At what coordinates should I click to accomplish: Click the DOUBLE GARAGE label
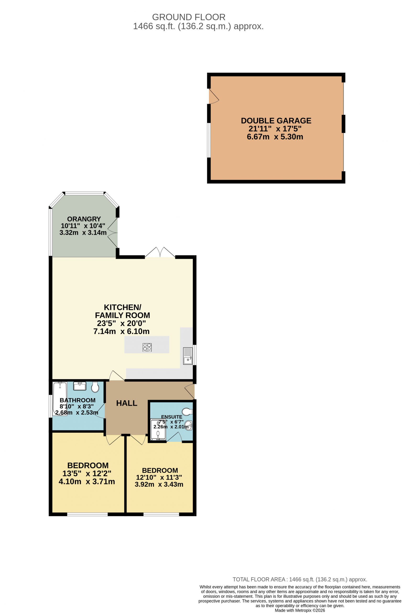click(x=276, y=121)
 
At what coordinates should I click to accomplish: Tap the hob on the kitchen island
click(x=147, y=347)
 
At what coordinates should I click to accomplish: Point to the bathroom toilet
click(x=95, y=387)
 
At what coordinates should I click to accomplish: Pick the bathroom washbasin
click(x=80, y=386)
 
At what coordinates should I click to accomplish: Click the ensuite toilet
click(x=187, y=411)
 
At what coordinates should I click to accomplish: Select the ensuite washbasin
click(x=189, y=426)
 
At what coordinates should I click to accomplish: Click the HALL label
click(x=127, y=403)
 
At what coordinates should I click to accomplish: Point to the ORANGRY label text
click(x=84, y=219)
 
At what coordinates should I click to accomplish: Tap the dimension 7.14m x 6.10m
click(x=121, y=331)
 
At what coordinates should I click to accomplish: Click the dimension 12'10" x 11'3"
click(x=159, y=477)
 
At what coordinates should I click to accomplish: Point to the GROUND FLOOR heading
click(x=189, y=17)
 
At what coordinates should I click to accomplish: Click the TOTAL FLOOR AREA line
click(x=300, y=579)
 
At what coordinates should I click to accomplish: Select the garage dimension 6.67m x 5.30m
click(x=275, y=137)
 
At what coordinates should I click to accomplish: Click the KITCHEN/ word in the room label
click(x=122, y=307)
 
